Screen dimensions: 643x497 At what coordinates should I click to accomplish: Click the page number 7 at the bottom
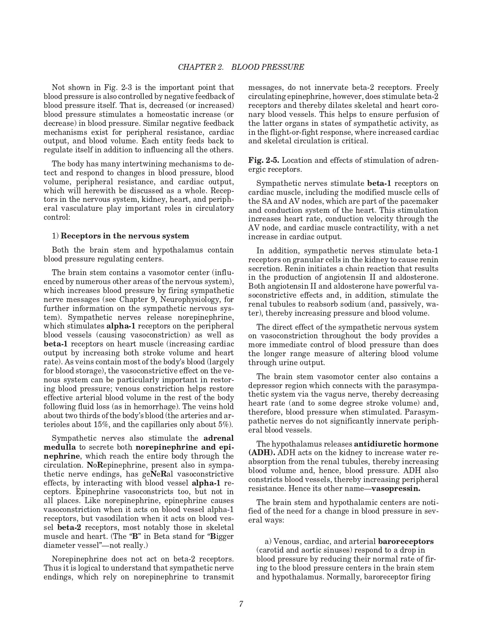(x=241, y=604)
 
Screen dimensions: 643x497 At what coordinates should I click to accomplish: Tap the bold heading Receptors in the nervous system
(x=125, y=236)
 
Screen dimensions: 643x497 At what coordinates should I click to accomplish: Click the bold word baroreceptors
(x=405, y=541)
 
